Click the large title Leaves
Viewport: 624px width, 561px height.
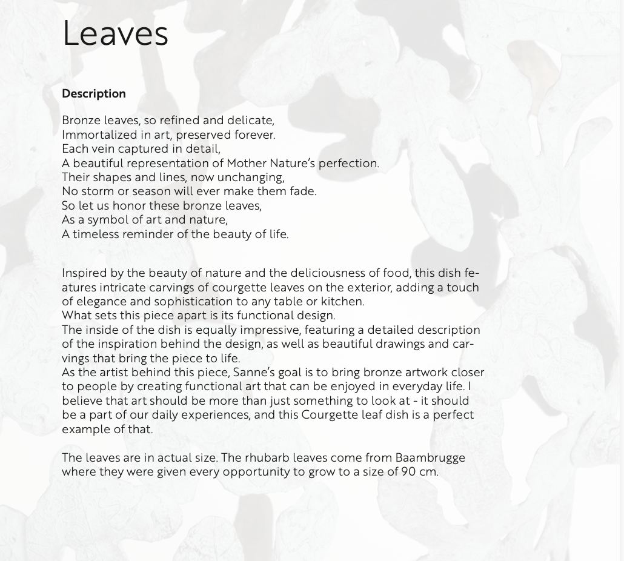click(115, 34)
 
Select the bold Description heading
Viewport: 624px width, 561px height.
click(94, 94)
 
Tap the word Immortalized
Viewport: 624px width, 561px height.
click(95, 135)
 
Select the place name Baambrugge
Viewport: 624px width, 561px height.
click(430, 458)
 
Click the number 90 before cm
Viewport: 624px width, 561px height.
click(408, 472)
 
